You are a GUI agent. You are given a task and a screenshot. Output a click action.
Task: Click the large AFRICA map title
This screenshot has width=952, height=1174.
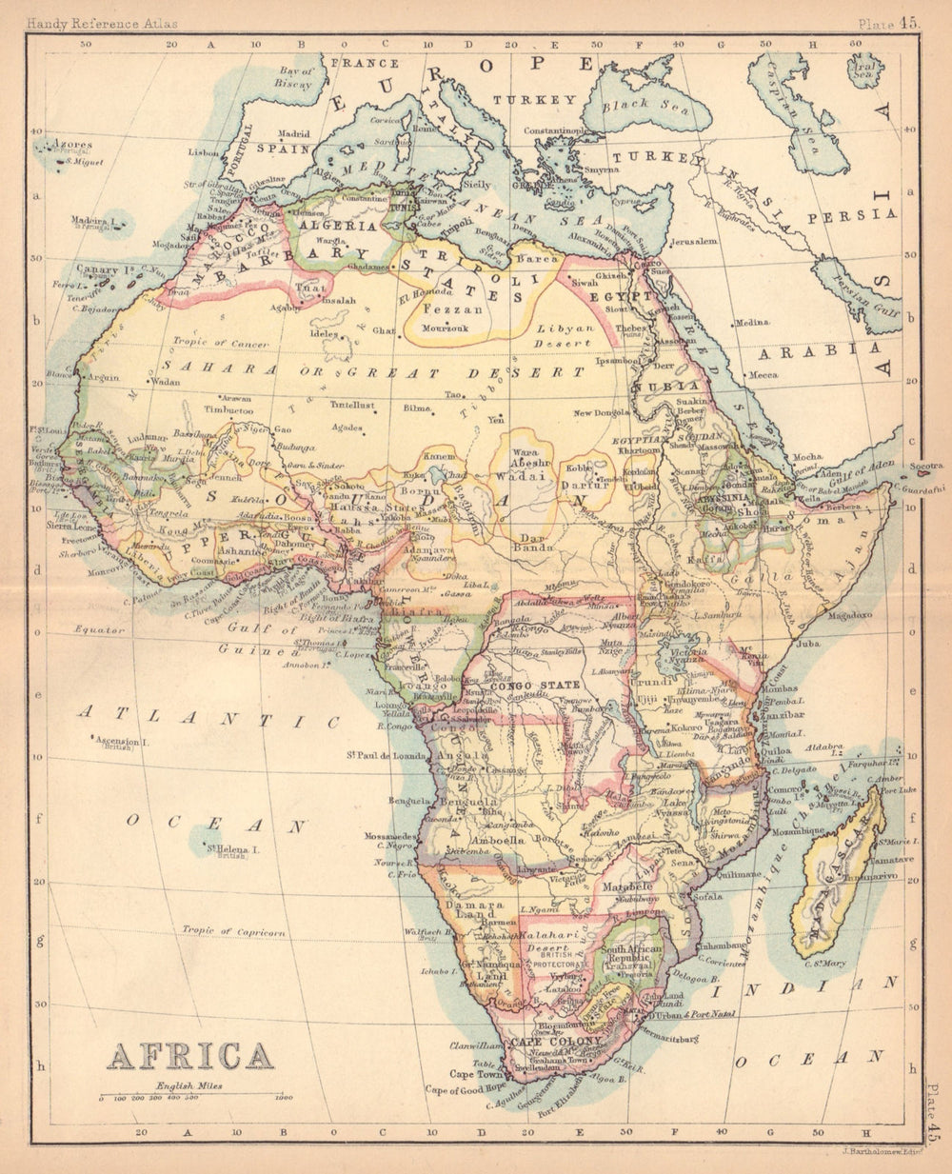coord(190,1056)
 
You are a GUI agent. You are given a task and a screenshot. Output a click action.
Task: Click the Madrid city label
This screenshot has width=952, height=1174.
coord(294,134)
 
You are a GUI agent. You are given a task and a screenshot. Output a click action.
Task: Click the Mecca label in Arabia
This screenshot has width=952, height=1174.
coord(764,375)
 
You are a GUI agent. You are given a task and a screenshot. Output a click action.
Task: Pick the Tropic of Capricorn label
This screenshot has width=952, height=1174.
coord(234,932)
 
